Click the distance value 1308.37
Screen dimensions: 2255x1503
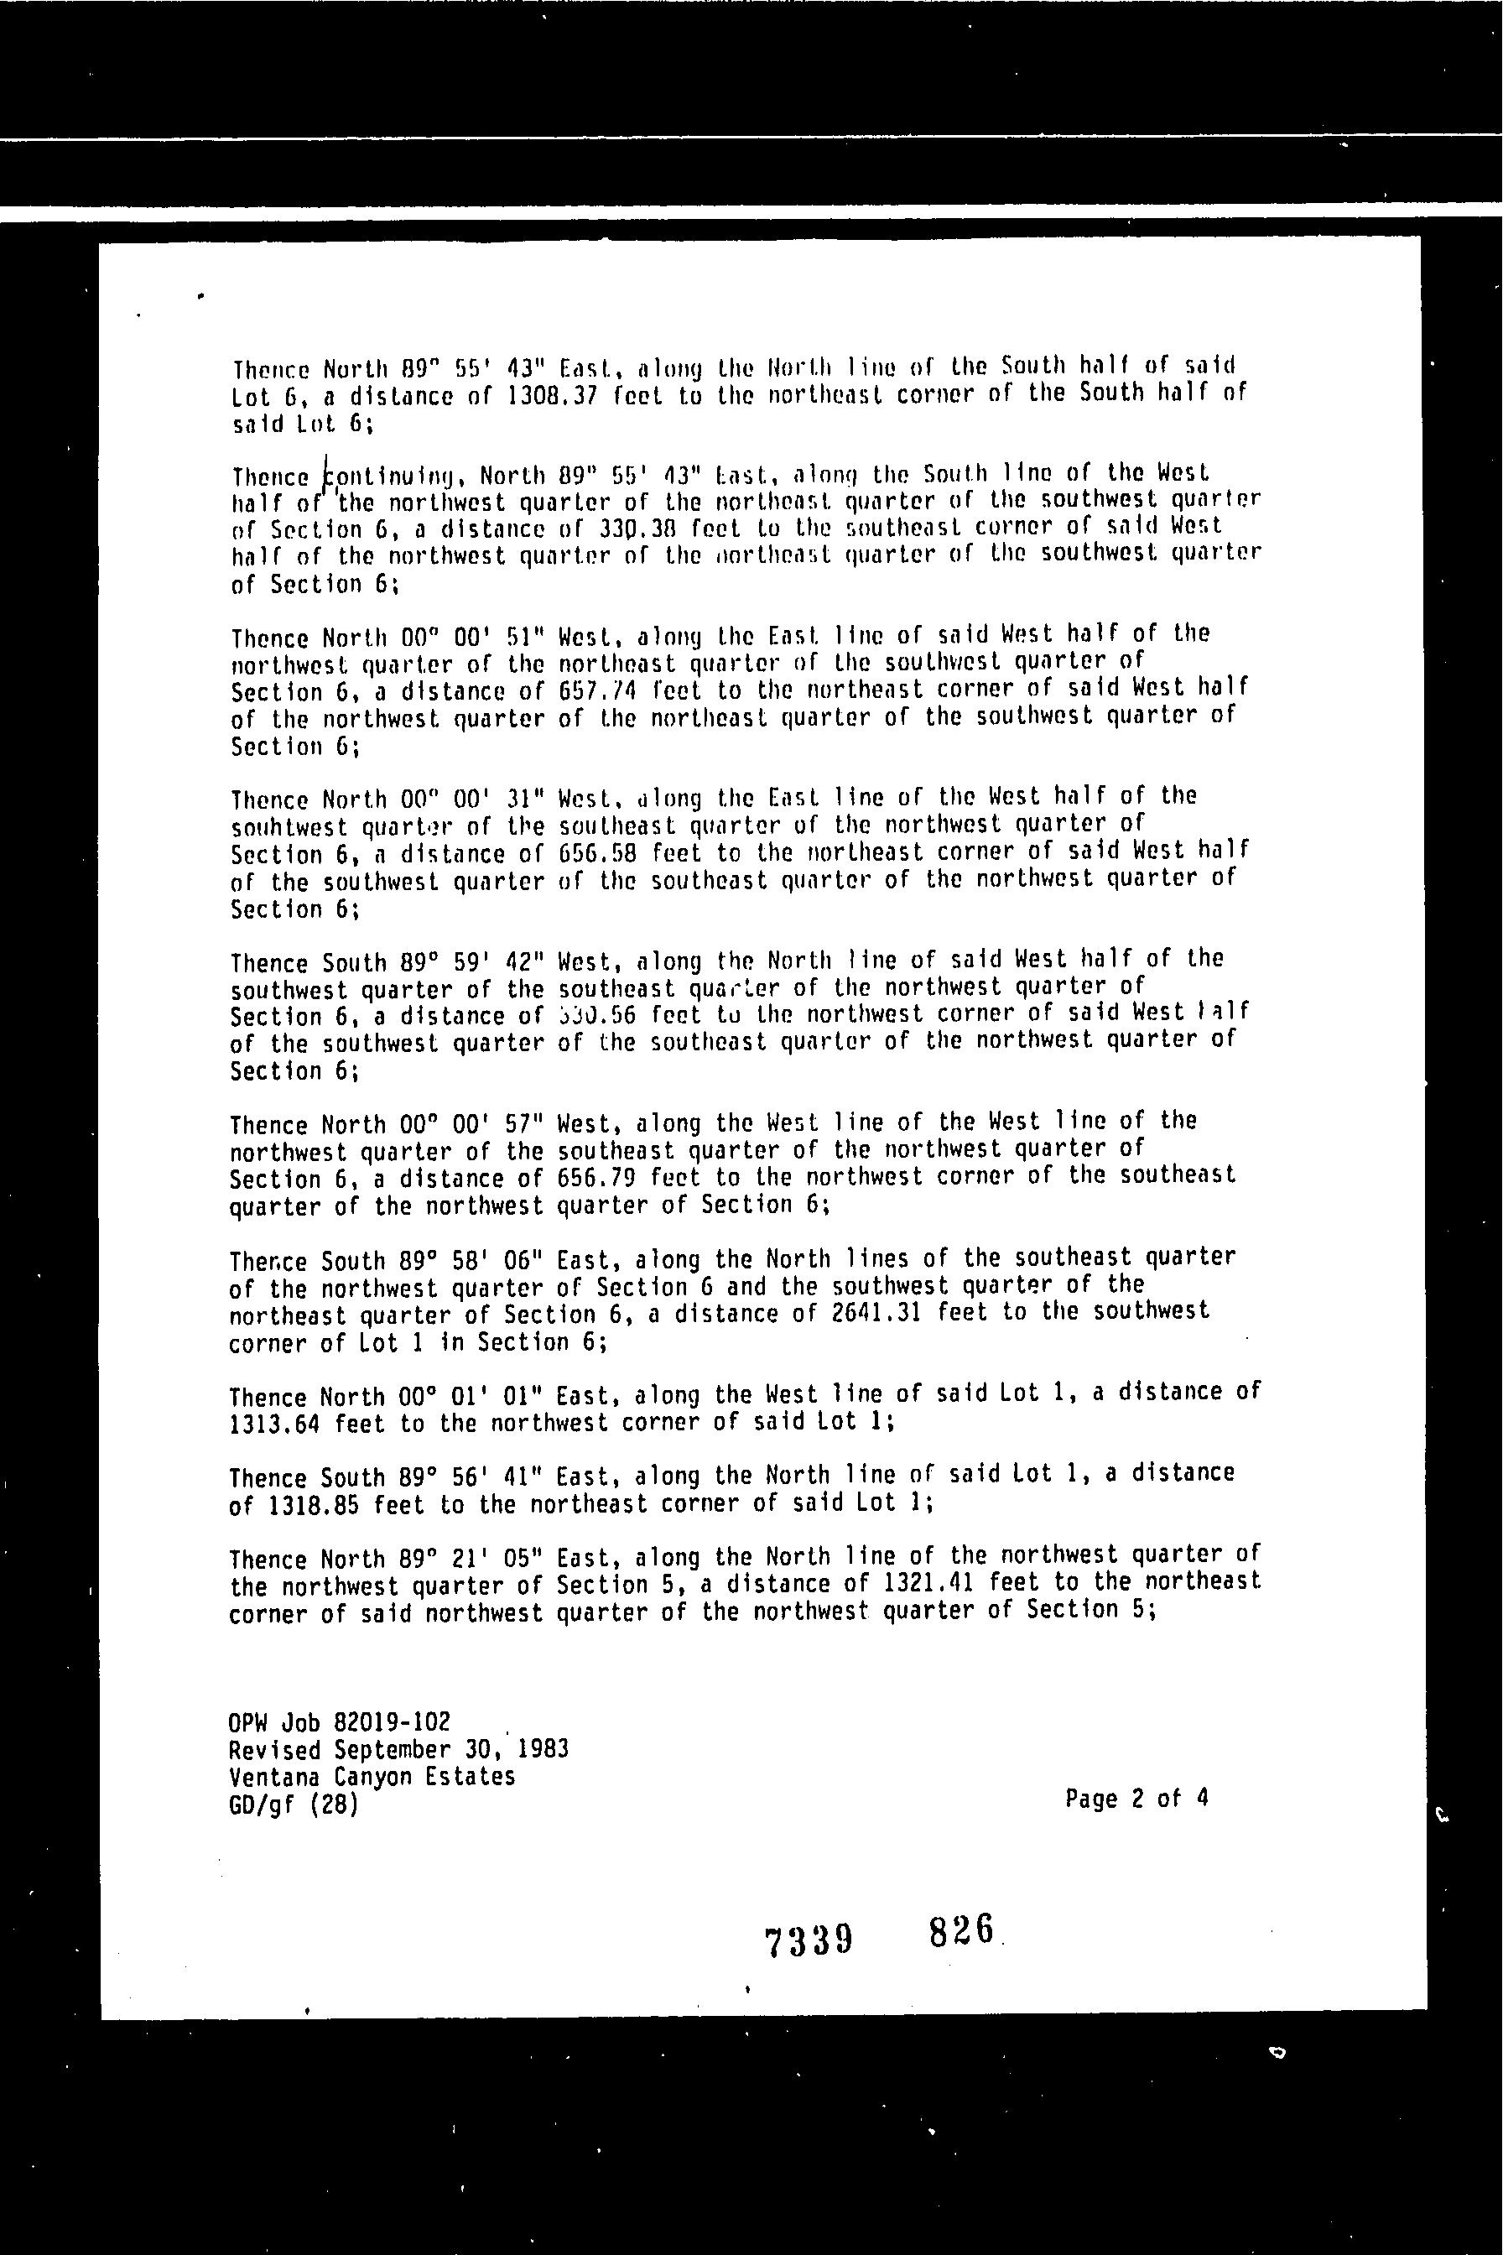pyautogui.click(x=552, y=396)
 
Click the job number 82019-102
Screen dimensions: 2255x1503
pyautogui.click(x=391, y=1723)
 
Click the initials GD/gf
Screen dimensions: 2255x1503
pyautogui.click(x=262, y=1805)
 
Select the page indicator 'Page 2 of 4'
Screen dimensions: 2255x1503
pyautogui.click(x=1136, y=1799)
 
